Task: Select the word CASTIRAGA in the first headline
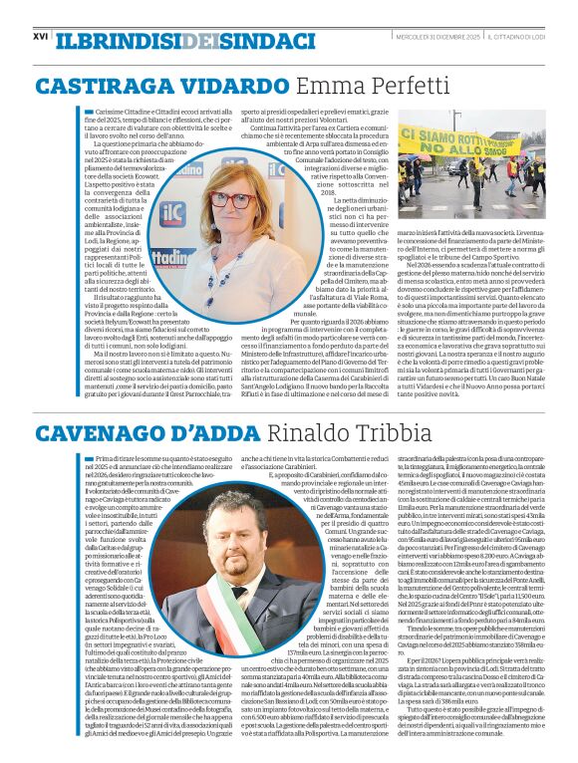point(100,86)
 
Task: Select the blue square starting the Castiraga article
point(89,112)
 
